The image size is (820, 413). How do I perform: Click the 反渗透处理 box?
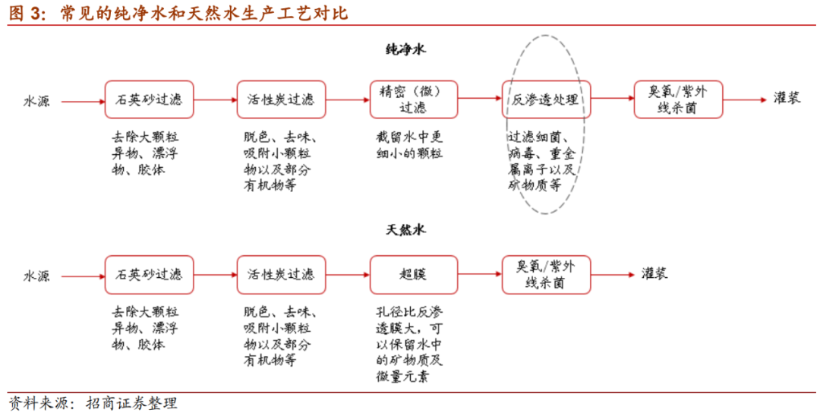[x=546, y=99]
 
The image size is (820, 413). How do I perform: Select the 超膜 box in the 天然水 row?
[x=414, y=275]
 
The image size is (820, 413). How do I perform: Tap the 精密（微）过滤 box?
[x=414, y=99]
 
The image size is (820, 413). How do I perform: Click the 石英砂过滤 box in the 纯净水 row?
[x=149, y=99]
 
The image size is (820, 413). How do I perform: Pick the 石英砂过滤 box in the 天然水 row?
[x=149, y=275]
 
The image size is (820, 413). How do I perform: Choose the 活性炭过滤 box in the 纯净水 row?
[x=281, y=99]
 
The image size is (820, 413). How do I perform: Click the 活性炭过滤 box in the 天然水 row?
[x=281, y=275]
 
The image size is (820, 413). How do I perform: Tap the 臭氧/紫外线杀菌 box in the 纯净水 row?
[x=678, y=99]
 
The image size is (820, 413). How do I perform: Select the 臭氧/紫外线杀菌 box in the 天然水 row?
[x=546, y=275]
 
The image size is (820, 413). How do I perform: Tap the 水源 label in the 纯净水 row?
[x=36, y=100]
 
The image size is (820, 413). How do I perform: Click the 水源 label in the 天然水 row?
[x=36, y=276]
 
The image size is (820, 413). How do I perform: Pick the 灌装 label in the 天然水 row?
[x=654, y=274]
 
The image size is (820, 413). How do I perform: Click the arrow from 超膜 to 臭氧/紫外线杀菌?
[x=480, y=275]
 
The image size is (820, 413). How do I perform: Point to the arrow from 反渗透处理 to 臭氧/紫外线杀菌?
[x=612, y=99]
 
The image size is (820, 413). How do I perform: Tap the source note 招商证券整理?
[x=133, y=402]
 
